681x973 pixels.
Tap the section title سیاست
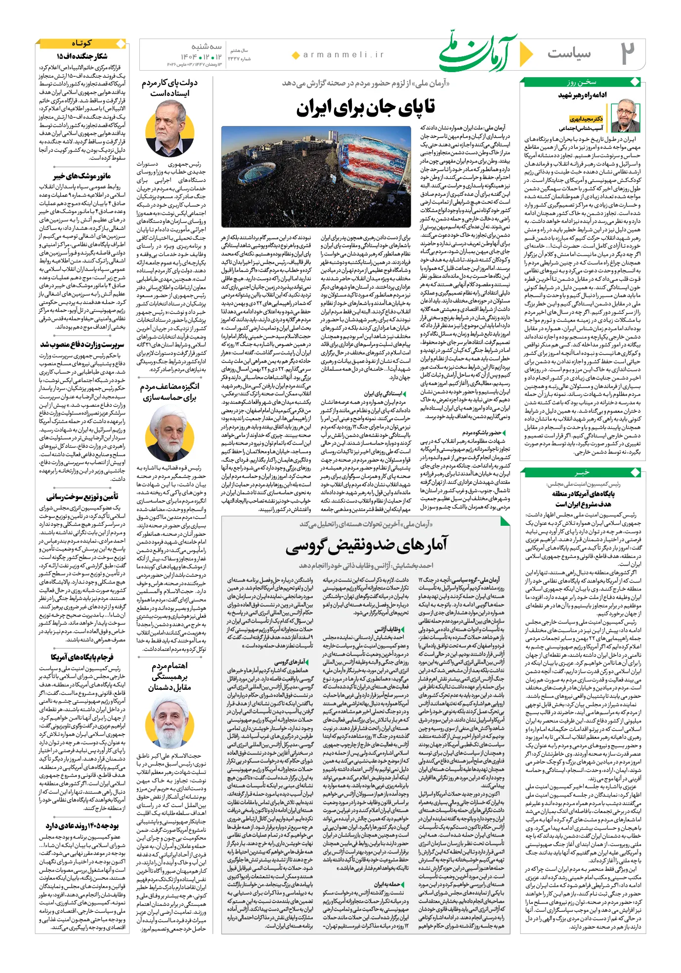(x=569, y=53)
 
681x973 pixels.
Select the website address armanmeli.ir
(x=343, y=55)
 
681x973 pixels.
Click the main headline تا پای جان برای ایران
(x=366, y=108)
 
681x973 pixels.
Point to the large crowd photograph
(x=316, y=177)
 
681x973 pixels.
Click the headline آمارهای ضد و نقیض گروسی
(x=366, y=545)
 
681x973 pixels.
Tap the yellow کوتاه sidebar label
(x=82, y=43)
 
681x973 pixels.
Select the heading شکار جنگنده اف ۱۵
(x=82, y=56)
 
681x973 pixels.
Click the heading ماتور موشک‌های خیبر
(x=82, y=176)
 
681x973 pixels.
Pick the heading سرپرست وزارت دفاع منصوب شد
(x=82, y=344)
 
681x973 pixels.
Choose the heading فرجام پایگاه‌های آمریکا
(x=82, y=657)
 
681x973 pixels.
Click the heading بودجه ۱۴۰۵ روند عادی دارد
(x=82, y=826)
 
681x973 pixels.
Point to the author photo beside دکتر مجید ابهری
(x=624, y=115)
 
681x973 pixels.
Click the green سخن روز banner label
(x=582, y=82)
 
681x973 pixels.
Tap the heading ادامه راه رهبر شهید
(x=583, y=94)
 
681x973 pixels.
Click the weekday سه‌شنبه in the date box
(x=206, y=47)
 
